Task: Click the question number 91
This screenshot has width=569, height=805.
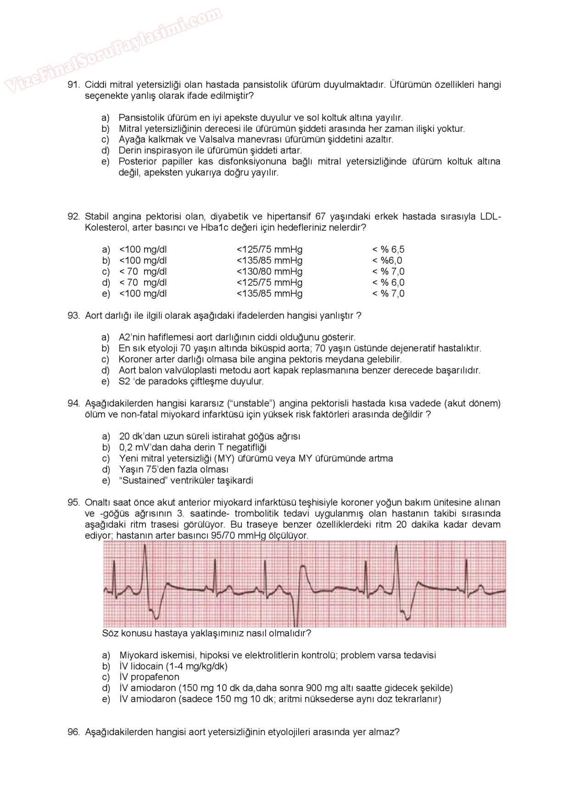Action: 74,85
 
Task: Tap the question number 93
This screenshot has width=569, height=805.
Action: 74,316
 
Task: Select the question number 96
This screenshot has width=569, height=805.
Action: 74,732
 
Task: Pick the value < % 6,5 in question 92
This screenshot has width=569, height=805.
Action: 388,250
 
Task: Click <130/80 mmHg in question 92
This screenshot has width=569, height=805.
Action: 269,272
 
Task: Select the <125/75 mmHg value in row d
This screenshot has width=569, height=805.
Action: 269,283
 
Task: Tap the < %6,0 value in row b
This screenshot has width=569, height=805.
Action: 387,261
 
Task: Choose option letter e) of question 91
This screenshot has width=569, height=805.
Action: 106,162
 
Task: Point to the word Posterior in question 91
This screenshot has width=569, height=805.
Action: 139,162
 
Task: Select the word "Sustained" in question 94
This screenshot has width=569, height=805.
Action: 142,481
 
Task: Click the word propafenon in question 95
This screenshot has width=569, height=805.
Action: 155,677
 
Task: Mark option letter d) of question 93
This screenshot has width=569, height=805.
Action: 106,370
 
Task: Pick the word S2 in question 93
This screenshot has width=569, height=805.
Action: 124,381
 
